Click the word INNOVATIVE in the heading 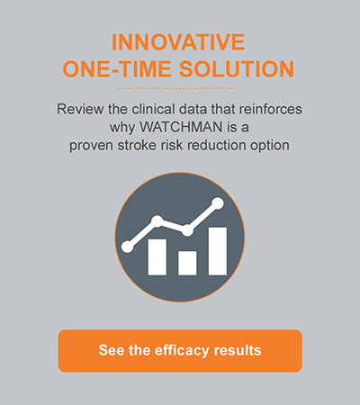(180, 41)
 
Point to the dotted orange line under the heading (180, 89)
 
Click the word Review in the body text (79, 110)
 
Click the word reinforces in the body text (271, 110)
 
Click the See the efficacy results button (180, 350)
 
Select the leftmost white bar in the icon (157, 256)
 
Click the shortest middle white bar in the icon (187, 262)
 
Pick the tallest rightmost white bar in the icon (217, 249)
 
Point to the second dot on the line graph (157, 221)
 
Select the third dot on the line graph (187, 230)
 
